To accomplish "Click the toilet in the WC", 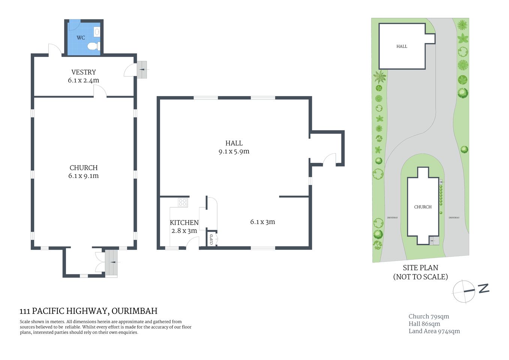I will click(x=93, y=46).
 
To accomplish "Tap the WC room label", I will click(x=81, y=37).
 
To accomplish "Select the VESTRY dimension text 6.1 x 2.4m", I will click(x=84, y=80).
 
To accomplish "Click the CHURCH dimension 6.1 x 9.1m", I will click(x=84, y=176).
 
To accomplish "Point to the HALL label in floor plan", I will click(x=234, y=143).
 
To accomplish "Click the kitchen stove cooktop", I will click(x=183, y=202).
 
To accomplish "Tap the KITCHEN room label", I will click(x=184, y=222).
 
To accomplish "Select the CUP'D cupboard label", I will click(x=211, y=239).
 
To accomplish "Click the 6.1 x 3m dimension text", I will click(x=262, y=222).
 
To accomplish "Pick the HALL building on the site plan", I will click(x=402, y=46).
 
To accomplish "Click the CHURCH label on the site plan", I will click(x=423, y=207).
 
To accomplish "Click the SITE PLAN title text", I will click(x=421, y=268).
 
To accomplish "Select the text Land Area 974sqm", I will click(x=434, y=331).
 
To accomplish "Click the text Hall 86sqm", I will click(x=424, y=324).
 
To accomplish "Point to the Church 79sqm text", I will click(x=429, y=316).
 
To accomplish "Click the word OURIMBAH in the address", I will click(x=135, y=311).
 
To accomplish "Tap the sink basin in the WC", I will click(x=97, y=32).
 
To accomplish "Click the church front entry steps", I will click(x=111, y=263).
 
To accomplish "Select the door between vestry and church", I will click(x=100, y=91).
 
